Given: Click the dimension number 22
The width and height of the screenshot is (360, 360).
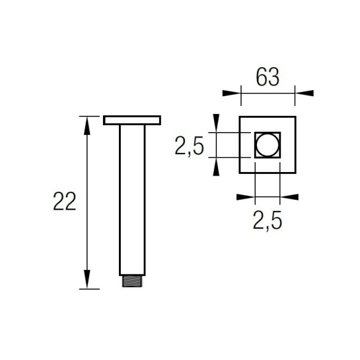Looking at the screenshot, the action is tap(65, 202).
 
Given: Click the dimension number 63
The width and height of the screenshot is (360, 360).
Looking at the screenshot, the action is tap(268, 77).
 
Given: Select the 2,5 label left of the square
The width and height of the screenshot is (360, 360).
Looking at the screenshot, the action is tap(189, 146).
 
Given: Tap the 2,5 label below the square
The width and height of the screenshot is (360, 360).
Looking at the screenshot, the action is tap(267, 221).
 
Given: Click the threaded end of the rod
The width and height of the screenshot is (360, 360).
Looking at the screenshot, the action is tap(133, 281).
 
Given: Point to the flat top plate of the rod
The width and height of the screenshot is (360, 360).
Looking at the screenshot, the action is tap(132, 120).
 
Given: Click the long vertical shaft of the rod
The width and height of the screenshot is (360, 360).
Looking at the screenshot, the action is tap(133, 200).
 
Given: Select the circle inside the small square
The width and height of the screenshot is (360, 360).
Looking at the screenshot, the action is tap(268, 145).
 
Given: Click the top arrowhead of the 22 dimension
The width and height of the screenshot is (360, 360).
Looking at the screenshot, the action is tap(87, 126).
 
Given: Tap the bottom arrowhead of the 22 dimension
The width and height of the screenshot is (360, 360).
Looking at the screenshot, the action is tap(87, 279).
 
